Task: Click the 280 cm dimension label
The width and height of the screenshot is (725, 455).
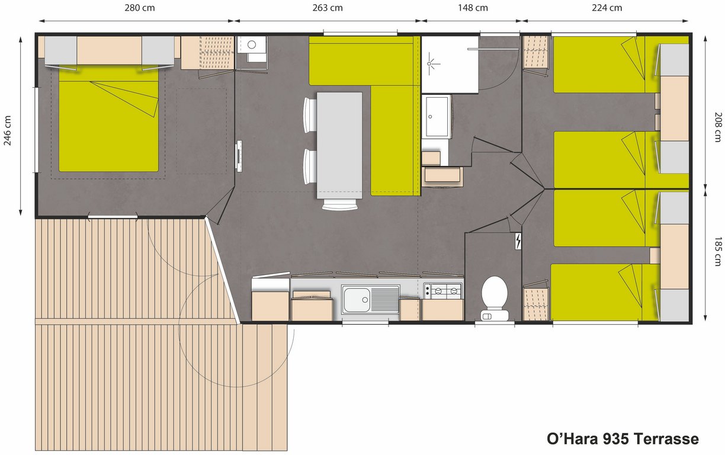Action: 140,8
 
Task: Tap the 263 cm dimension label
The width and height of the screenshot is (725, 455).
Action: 327,8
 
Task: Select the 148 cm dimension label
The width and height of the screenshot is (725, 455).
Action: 473,8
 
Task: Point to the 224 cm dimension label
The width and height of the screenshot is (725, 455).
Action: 607,8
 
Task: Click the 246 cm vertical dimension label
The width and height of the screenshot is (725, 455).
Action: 7,130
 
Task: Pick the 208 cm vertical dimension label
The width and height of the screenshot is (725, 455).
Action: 718,127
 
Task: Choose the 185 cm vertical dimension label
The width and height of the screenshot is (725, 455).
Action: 718,251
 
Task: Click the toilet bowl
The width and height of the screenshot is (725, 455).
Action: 494,297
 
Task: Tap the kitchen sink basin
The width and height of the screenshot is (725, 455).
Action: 357,300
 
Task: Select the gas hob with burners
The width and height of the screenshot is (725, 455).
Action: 443,291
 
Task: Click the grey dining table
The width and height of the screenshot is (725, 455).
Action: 339,145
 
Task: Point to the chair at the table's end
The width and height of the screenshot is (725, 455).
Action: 339,204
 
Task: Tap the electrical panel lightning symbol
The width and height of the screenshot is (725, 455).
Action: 518,241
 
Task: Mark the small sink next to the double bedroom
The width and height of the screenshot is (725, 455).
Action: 252,44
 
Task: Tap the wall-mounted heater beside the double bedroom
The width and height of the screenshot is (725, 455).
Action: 239,156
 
